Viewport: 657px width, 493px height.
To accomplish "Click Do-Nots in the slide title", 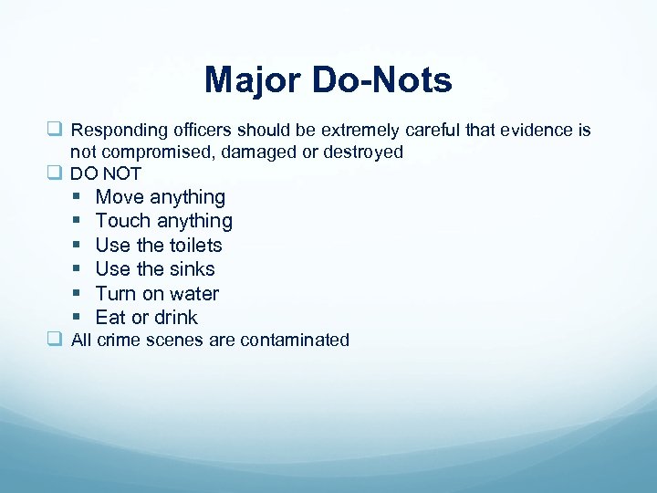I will tap(383, 80).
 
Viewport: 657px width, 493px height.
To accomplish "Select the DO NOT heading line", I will tap(106, 173).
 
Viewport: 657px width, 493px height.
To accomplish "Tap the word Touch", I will tap(123, 221).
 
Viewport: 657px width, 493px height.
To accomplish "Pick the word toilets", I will tap(194, 245).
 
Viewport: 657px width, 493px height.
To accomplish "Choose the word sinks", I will tap(192, 269).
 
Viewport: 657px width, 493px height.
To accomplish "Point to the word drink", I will tap(176, 318).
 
